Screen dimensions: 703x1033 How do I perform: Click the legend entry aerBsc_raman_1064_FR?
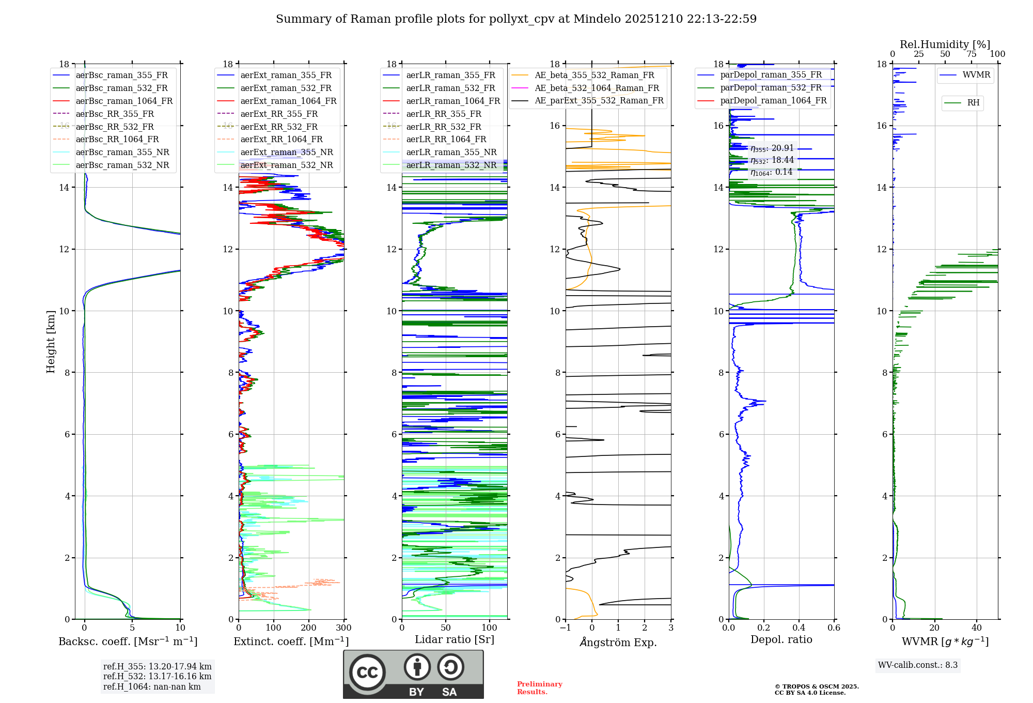[x=124, y=101]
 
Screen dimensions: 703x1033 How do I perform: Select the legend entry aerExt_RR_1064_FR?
[x=281, y=140]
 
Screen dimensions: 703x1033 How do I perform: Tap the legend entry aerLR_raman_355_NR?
[x=451, y=152]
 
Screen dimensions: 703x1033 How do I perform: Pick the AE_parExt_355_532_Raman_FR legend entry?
[x=599, y=101]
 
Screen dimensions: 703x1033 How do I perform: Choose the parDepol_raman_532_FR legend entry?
[x=771, y=88]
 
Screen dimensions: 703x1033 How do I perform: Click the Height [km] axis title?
[x=51, y=342]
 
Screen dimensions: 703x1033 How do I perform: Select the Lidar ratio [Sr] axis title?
[x=455, y=640]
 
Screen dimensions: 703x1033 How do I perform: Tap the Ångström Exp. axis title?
[x=618, y=643]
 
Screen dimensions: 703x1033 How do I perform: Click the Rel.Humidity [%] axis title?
[x=945, y=44]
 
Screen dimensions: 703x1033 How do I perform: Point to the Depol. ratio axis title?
[x=781, y=640]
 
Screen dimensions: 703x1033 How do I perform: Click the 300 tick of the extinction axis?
[x=343, y=628]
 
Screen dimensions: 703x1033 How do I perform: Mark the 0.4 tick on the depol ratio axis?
[x=799, y=628]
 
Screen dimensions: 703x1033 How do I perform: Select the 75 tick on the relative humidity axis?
[x=971, y=54]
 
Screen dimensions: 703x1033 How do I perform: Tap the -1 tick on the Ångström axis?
[x=566, y=628]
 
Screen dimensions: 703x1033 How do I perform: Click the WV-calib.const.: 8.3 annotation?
[x=917, y=665]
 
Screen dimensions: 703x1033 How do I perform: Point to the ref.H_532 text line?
[x=157, y=677]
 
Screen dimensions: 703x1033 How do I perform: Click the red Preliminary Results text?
[x=539, y=688]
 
